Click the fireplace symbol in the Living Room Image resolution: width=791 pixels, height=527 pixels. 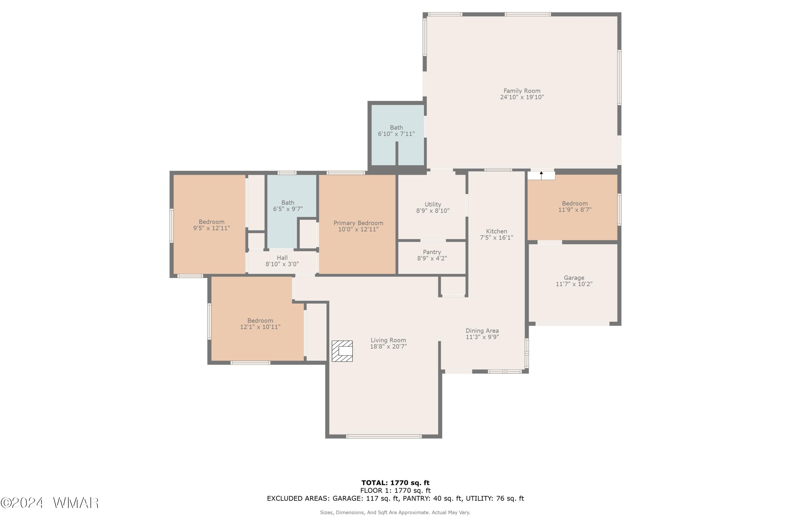(x=342, y=351)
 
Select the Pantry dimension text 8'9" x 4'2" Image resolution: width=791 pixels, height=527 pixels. (x=432, y=258)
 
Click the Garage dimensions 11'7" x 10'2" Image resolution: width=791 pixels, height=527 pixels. (x=574, y=284)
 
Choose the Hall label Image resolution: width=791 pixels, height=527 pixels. (x=282, y=258)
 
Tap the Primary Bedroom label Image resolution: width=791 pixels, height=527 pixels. (x=358, y=223)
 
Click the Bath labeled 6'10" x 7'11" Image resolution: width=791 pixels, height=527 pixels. (x=396, y=131)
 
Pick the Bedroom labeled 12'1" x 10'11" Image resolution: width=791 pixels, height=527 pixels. (x=260, y=324)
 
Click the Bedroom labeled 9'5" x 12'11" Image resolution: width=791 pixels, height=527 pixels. (x=211, y=225)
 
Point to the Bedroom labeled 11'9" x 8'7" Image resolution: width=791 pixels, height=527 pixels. (x=575, y=206)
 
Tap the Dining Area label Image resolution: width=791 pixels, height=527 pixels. (x=482, y=331)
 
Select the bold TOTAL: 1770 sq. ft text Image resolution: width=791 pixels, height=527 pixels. (x=395, y=483)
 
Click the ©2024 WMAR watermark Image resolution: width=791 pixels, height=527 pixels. (x=50, y=503)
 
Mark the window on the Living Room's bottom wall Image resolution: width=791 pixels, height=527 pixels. (x=383, y=437)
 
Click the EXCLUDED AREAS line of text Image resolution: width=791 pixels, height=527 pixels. (x=395, y=499)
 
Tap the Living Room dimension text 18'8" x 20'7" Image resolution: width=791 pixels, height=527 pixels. (x=388, y=347)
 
